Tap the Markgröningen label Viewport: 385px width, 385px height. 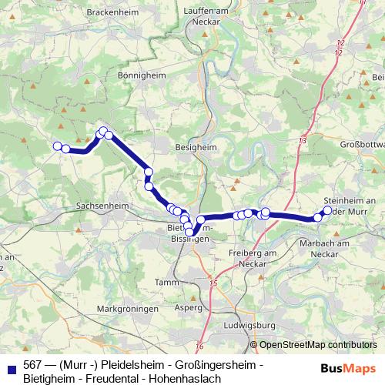[128, 309]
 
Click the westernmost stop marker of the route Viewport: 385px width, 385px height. [56, 146]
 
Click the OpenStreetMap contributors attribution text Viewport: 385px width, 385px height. [317, 345]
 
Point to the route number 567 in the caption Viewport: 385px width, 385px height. [33, 364]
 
